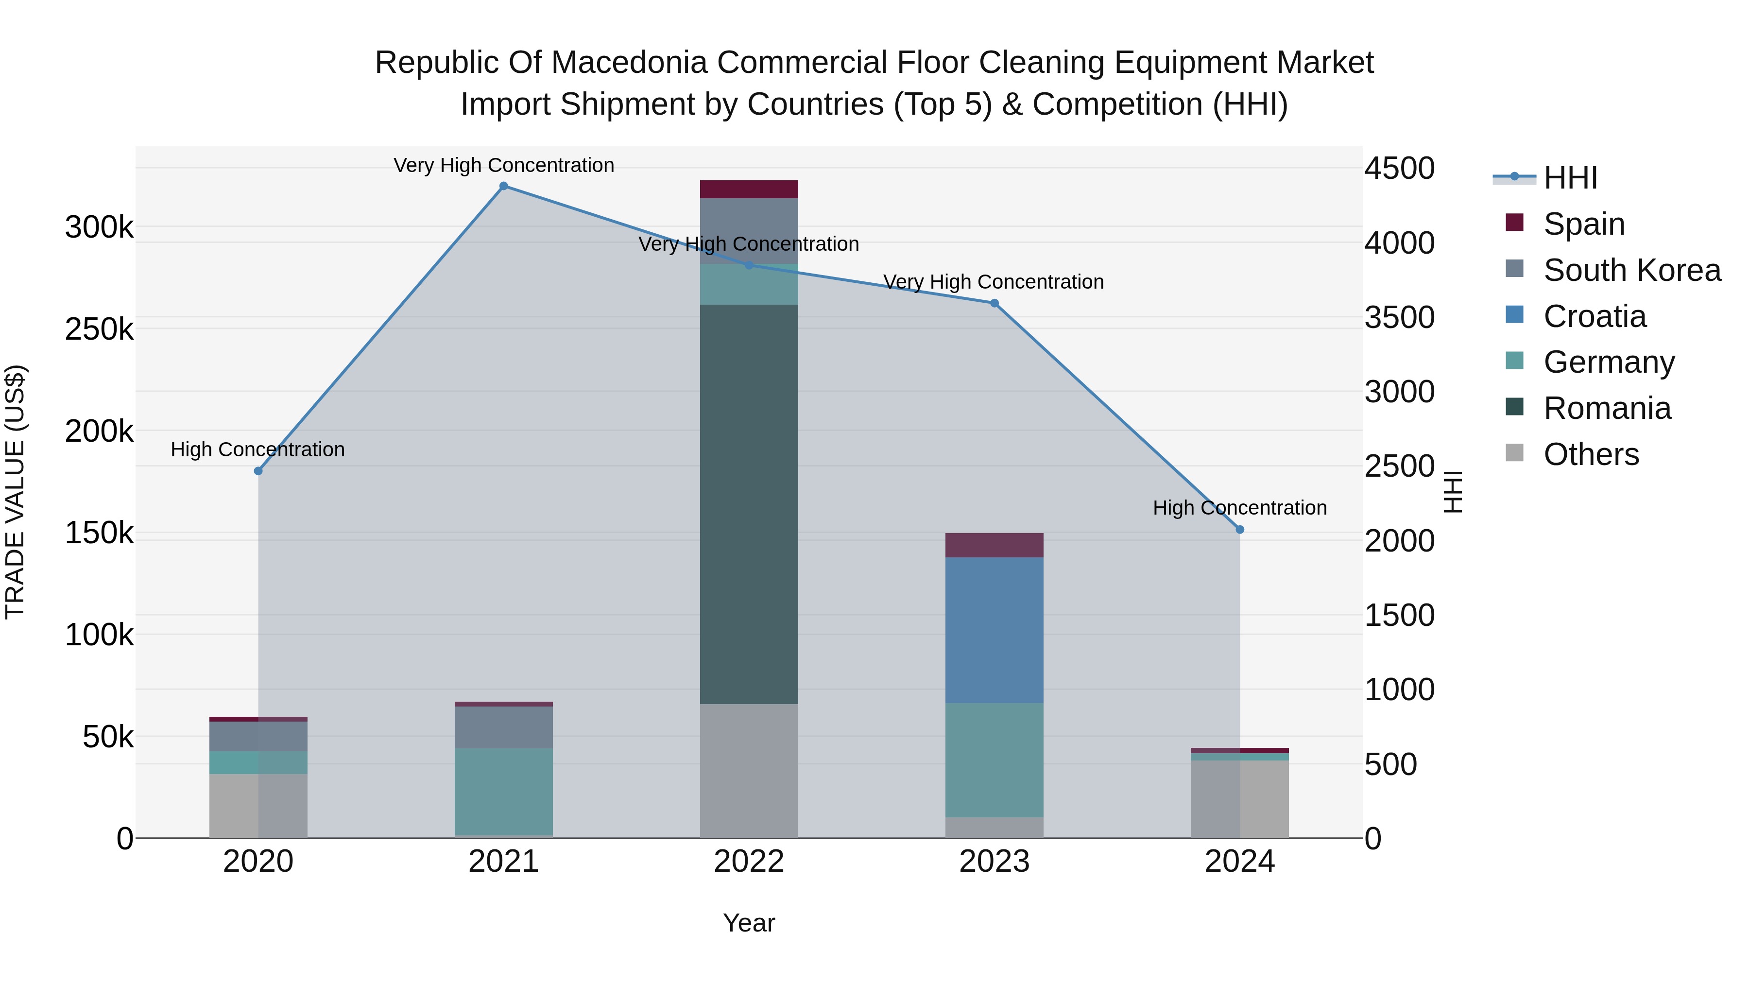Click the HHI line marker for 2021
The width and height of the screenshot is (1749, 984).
point(503,186)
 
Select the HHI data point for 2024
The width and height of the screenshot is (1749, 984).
point(1240,530)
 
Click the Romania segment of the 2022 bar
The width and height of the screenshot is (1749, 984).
point(749,504)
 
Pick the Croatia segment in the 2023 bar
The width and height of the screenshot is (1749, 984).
point(994,630)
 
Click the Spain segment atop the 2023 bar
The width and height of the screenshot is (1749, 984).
point(994,545)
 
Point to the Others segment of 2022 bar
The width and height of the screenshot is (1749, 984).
point(749,771)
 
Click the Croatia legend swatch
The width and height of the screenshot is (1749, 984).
point(1514,315)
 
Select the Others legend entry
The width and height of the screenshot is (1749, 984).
point(1590,454)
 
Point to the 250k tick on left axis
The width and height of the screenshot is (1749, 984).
point(99,330)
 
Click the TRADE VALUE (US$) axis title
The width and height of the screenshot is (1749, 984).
point(15,492)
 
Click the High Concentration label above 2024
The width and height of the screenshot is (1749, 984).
point(1240,508)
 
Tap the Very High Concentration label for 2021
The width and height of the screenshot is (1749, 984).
point(503,166)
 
